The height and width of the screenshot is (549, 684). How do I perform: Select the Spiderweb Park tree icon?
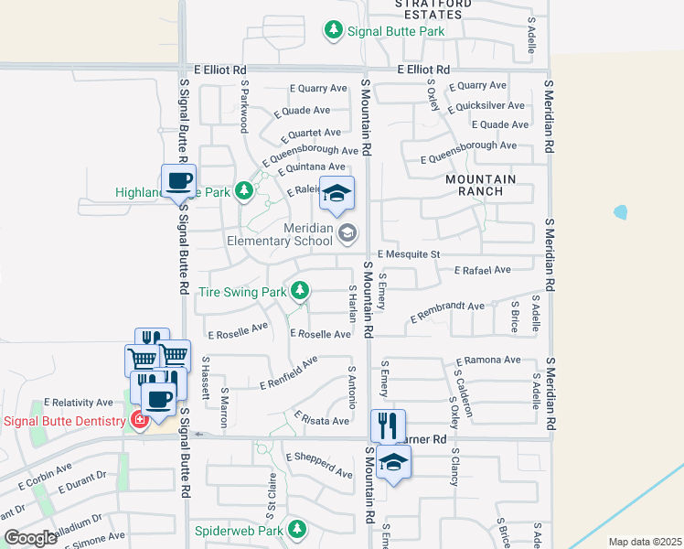(296, 529)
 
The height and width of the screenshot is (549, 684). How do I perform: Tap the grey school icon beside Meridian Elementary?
(347, 233)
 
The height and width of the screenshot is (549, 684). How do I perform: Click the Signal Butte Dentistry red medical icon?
(139, 421)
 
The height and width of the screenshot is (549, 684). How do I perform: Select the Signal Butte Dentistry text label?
(64, 421)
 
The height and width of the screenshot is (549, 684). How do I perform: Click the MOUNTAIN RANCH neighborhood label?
(481, 185)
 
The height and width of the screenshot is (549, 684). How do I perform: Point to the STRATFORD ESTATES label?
(428, 9)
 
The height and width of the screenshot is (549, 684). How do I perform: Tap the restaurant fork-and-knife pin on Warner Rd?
(387, 424)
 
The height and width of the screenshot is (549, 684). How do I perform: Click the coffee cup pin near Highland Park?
(178, 179)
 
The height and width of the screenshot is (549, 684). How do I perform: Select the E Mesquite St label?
(409, 254)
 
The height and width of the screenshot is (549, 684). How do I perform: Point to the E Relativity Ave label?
(81, 403)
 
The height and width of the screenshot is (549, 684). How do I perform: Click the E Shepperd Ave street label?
(318, 465)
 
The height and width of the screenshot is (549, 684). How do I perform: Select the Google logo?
(30, 538)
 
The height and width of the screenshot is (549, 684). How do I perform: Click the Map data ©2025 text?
(644, 542)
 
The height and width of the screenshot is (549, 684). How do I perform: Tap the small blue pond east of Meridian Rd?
(621, 212)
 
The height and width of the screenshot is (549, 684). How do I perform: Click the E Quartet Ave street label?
(307, 134)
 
